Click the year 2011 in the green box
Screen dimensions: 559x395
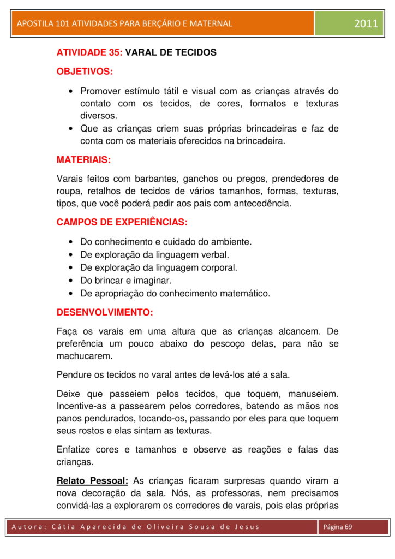click(366, 23)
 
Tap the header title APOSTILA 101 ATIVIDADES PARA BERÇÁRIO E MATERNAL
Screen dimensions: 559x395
click(124, 23)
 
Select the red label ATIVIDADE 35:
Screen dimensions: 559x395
click(89, 53)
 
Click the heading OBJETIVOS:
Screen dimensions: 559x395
click(85, 72)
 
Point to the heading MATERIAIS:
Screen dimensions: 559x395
click(83, 160)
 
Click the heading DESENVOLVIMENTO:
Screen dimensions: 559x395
click(105, 313)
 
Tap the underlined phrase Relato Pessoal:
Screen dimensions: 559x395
click(92, 480)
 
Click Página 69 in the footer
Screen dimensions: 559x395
click(338, 527)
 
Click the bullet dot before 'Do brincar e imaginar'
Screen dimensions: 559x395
click(72, 281)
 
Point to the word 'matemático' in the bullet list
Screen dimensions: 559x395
click(245, 294)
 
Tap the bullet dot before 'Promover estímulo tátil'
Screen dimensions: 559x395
click(72, 91)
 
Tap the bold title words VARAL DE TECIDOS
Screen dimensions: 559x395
click(171, 53)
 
